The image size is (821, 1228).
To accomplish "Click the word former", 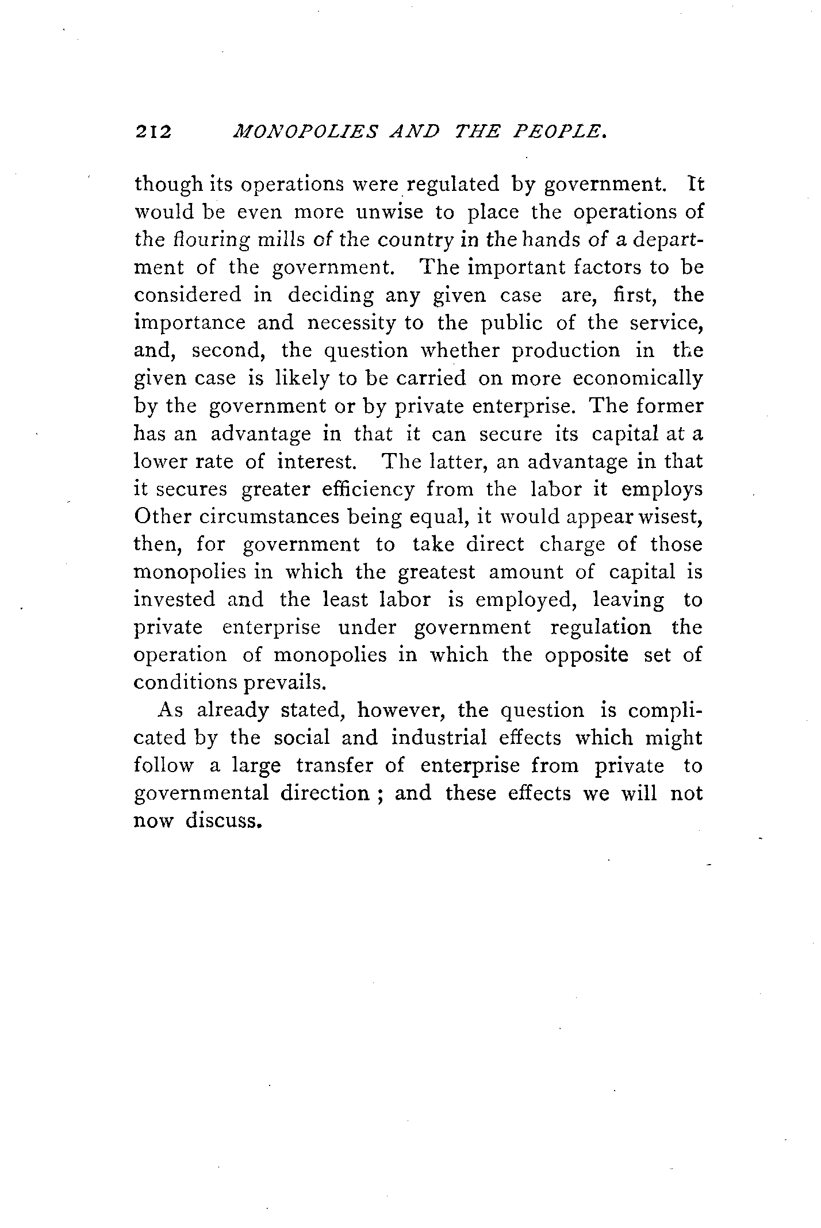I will (x=670, y=406).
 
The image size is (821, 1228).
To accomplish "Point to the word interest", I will (x=320, y=462).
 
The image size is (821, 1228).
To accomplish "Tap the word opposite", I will (x=586, y=655).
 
